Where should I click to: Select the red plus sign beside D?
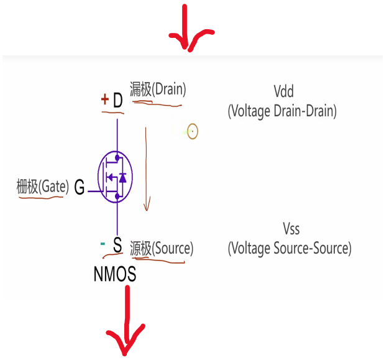click(x=104, y=99)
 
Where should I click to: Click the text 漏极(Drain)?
click(x=158, y=90)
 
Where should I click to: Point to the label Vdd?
click(x=282, y=91)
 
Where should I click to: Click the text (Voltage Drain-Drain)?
click(x=282, y=112)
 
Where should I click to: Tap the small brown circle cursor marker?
click(x=192, y=132)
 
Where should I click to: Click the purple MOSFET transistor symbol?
click(x=116, y=177)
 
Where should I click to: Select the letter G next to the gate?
click(x=80, y=186)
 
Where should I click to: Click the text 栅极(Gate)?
click(x=42, y=186)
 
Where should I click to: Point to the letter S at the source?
click(x=117, y=246)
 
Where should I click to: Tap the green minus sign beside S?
click(x=103, y=244)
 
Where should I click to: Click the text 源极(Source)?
click(x=162, y=249)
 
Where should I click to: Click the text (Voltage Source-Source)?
click(x=290, y=249)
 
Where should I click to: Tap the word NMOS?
click(x=115, y=274)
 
